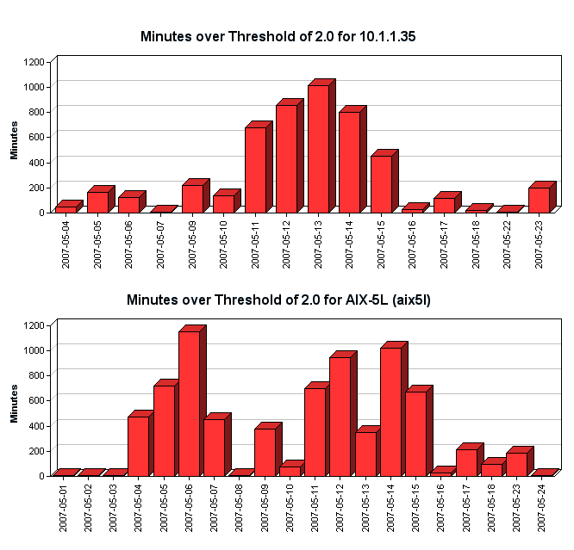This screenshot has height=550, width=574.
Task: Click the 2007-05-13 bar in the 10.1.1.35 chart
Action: [318, 148]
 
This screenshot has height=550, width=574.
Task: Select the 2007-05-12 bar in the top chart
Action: [286, 158]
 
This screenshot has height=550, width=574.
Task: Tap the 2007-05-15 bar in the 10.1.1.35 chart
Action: [381, 183]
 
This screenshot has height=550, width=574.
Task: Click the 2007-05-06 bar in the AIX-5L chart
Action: [189, 403]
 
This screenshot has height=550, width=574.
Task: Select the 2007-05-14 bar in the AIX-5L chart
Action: [390, 411]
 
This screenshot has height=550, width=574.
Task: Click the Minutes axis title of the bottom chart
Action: [14, 403]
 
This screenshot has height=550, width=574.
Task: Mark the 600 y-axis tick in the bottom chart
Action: [40, 400]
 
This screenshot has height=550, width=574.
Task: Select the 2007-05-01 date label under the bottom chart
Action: [64, 508]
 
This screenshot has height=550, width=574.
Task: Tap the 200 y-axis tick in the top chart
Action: [40, 187]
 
